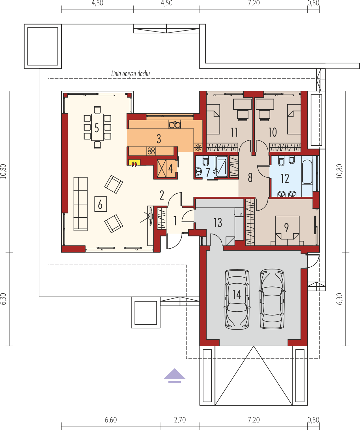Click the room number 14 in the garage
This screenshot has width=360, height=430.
pyautogui.click(x=237, y=295)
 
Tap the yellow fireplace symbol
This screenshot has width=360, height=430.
pyautogui.click(x=134, y=163)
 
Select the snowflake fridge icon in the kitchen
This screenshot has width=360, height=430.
pyautogui.click(x=198, y=147)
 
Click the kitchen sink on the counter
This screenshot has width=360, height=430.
pyautogui.click(x=175, y=125)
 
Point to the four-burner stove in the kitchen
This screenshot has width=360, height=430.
pyautogui.click(x=151, y=151)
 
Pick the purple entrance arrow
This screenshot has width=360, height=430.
pyautogui.click(x=174, y=376)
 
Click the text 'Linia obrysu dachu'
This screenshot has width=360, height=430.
pyautogui.click(x=130, y=74)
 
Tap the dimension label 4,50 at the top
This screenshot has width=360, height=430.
pyautogui.click(x=167, y=3)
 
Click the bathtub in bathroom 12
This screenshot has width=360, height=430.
pyautogui.click(x=307, y=172)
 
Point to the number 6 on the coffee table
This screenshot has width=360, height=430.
pyautogui.click(x=100, y=204)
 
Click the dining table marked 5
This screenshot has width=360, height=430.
pyautogui.click(x=97, y=127)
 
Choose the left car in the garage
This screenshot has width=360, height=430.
pyautogui.click(x=237, y=300)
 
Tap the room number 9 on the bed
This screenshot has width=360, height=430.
pyautogui.click(x=286, y=228)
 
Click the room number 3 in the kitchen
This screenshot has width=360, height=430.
pyautogui.click(x=159, y=139)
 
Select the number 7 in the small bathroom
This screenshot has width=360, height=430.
pyautogui.click(x=208, y=173)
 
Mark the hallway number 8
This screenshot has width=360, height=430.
pyautogui.click(x=250, y=178)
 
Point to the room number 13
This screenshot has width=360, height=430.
pyautogui.click(x=218, y=223)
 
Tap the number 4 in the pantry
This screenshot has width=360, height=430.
pyautogui.click(x=170, y=168)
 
